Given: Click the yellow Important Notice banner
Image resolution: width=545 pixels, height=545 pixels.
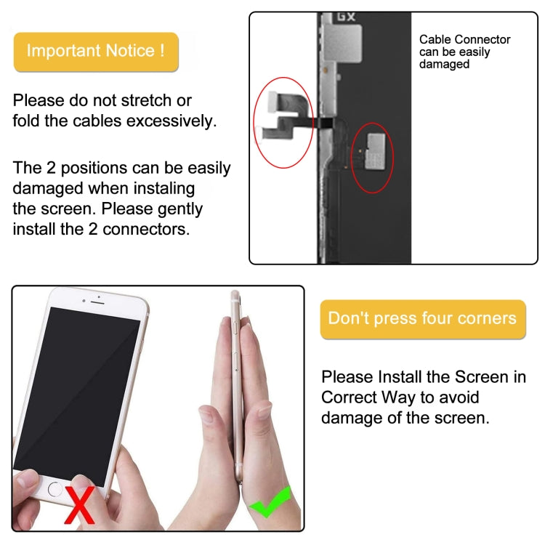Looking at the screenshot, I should (96, 52).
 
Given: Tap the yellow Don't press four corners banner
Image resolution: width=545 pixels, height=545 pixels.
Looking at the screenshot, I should (422, 319).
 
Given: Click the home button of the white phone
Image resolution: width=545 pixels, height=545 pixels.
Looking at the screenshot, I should (55, 489).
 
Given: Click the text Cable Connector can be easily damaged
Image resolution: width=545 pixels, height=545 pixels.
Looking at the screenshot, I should (465, 52).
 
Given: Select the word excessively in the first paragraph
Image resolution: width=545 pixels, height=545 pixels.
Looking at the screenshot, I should (171, 121).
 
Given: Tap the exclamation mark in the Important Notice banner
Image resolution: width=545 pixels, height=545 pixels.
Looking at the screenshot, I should (161, 51).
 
